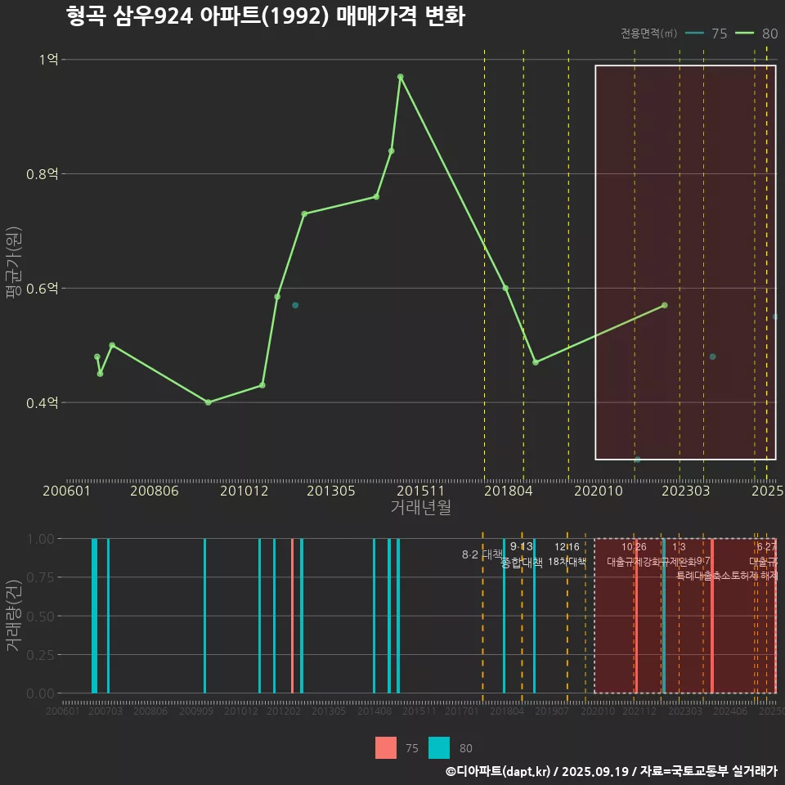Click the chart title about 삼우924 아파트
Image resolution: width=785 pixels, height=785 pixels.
click(x=266, y=16)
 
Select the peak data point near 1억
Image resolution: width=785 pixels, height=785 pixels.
click(x=400, y=77)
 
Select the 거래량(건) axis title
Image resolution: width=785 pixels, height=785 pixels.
click(x=14, y=616)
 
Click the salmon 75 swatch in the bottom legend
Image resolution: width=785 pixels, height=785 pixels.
click(x=386, y=747)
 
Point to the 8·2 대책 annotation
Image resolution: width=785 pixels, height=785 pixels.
click(x=482, y=554)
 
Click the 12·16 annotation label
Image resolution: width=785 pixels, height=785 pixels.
click(x=567, y=547)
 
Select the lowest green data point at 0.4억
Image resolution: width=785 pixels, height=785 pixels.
click(x=208, y=402)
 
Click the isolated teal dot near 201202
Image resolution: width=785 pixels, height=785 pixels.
click(x=295, y=305)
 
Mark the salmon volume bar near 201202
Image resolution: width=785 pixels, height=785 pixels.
click(x=293, y=616)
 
